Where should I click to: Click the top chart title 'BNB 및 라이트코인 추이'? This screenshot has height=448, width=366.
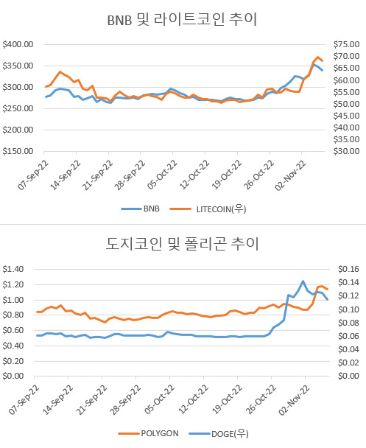182,19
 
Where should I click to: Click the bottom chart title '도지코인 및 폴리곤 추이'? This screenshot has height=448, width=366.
182,244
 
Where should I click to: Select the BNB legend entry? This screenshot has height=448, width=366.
140,209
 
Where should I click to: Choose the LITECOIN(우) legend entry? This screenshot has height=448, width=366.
208,209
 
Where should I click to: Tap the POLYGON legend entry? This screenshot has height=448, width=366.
149,433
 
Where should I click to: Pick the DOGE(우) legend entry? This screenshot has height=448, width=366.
219,434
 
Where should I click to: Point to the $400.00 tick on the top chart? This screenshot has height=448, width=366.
18,44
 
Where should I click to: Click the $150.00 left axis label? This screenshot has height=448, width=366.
18,151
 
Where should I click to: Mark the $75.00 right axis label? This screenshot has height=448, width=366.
346,44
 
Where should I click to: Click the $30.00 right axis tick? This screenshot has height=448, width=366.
346,151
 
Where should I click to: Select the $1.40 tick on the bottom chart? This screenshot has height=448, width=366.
13,269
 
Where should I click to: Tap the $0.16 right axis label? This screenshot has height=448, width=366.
348,269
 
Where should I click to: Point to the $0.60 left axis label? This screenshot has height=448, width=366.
13,330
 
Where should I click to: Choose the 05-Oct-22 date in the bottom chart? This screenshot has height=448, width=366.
159,399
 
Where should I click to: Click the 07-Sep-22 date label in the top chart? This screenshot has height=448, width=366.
33,175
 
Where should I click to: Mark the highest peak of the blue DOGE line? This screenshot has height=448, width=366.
303,281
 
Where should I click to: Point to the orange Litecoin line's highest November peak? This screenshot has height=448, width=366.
317,57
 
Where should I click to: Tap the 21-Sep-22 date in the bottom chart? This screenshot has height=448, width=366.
91,399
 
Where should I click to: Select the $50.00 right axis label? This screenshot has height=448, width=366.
346,104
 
